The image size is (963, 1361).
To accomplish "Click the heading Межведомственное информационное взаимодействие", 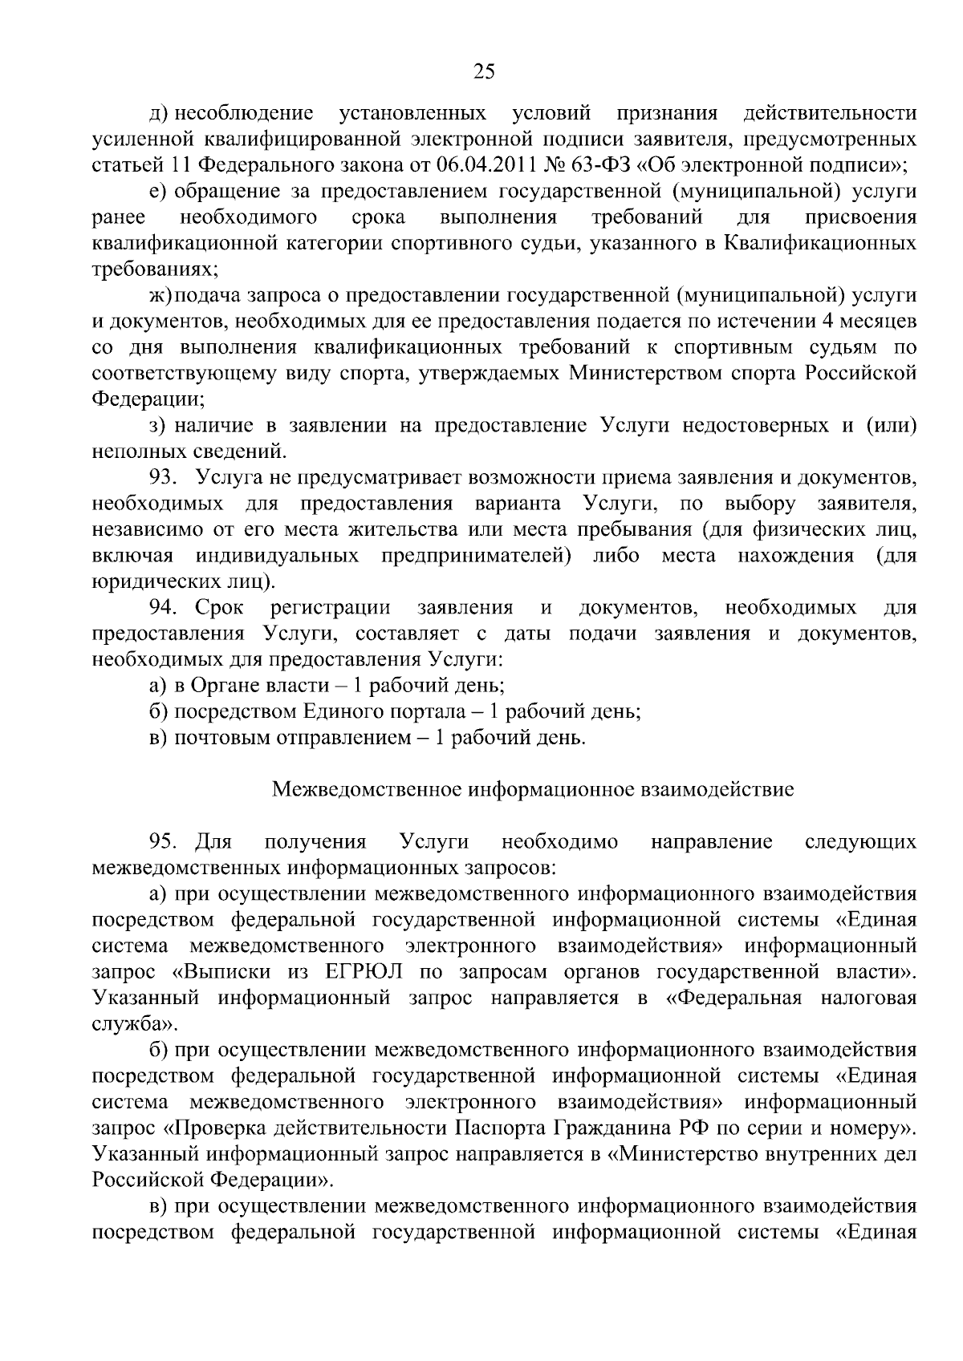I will click(x=533, y=789).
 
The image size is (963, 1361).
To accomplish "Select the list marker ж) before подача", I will click(x=160, y=296).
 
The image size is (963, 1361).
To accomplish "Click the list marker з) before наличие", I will click(x=158, y=425).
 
